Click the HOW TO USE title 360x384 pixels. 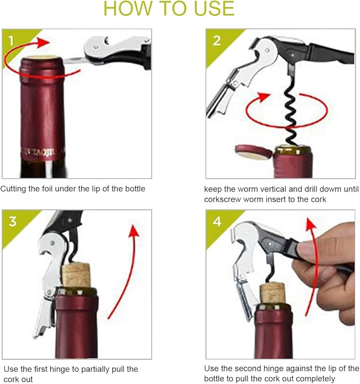click(x=169, y=8)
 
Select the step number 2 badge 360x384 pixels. click(x=216, y=40)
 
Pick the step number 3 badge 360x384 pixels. click(x=12, y=221)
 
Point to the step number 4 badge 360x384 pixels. click(x=217, y=221)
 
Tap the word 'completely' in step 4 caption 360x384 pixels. click(x=313, y=379)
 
